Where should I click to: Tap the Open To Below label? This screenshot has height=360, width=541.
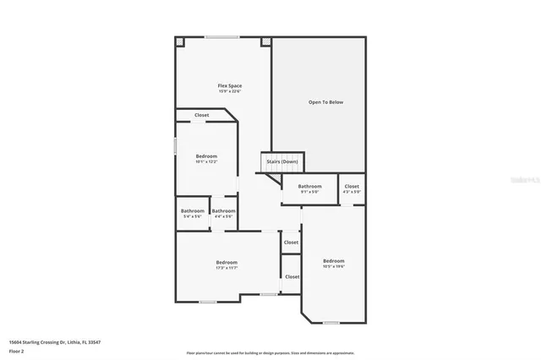tap(325, 101)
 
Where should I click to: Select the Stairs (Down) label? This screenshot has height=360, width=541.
tap(281, 161)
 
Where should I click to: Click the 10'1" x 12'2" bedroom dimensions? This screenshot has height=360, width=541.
tap(206, 161)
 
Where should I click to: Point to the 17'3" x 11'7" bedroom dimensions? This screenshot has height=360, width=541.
tap(226, 268)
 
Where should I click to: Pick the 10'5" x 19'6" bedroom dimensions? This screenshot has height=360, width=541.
tap(334, 266)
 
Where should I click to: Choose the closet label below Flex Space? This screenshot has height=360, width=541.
tap(202, 115)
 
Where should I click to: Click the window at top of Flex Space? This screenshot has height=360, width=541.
tap(221, 36)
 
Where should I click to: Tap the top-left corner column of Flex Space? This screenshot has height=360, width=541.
tap(179, 41)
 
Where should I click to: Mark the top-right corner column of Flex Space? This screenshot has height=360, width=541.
tap(266, 41)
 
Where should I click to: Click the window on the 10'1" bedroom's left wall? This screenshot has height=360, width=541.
tap(175, 145)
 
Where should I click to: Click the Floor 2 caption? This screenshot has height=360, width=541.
tap(16, 350)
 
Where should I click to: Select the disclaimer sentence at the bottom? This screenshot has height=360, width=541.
tap(270, 353)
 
